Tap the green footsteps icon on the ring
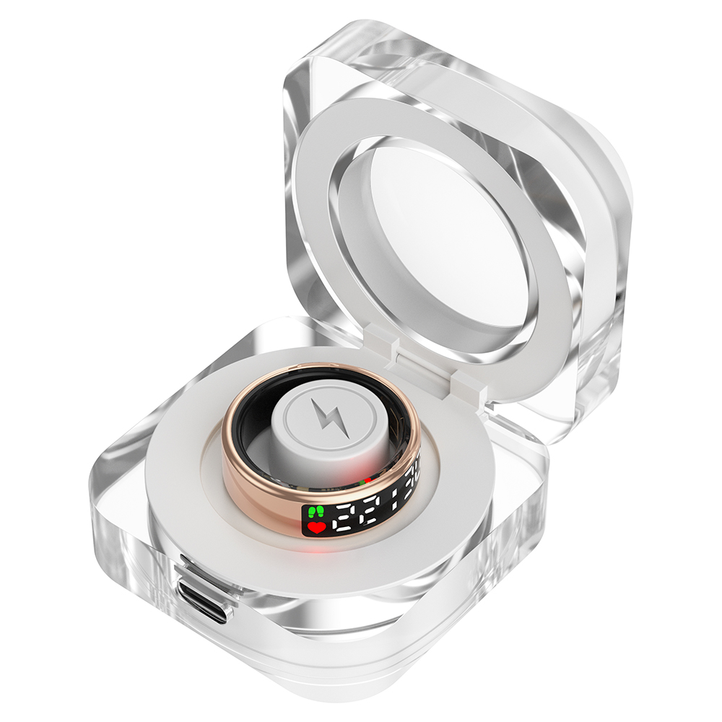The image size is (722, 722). pyautogui.click(x=314, y=513)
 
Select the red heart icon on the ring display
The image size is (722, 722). pyautogui.click(x=316, y=529)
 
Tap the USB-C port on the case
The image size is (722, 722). pyautogui.click(x=204, y=601)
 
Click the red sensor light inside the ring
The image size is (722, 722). pyautogui.click(x=367, y=479)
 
